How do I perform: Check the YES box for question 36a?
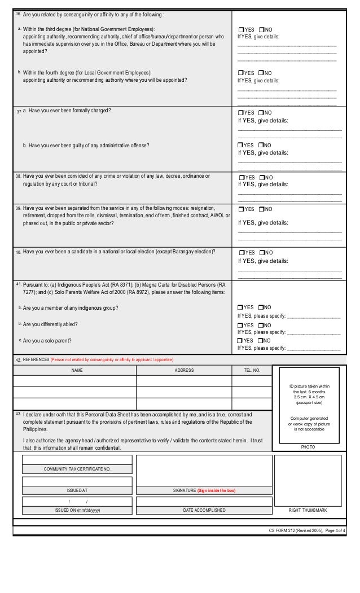click(241, 29)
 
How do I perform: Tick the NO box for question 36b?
click(261, 73)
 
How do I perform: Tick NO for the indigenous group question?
click(261, 308)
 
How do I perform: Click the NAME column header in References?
click(74, 371)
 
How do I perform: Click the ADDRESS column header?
click(184, 371)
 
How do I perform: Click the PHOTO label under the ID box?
click(308, 446)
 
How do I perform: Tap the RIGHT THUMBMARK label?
click(308, 510)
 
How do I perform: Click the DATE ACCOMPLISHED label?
click(204, 510)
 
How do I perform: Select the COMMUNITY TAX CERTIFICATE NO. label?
click(77, 469)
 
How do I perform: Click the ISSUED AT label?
click(77, 490)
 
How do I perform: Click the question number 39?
click(19, 208)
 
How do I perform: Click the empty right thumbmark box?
click(308, 480)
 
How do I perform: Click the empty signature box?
click(204, 470)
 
